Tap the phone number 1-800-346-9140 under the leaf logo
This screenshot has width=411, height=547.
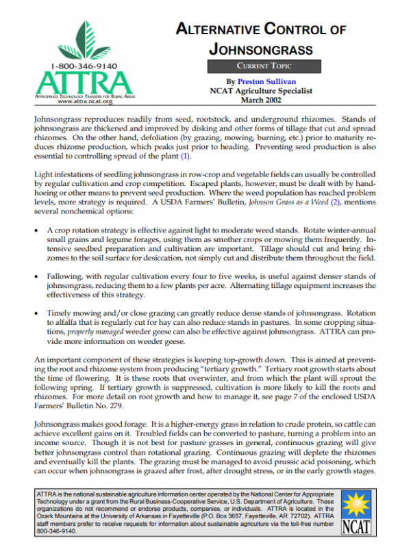84,67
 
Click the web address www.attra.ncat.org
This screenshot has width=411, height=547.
84,101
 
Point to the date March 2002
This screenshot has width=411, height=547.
261,100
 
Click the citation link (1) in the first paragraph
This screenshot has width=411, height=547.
185,157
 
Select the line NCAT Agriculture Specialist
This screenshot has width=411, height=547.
261,90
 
